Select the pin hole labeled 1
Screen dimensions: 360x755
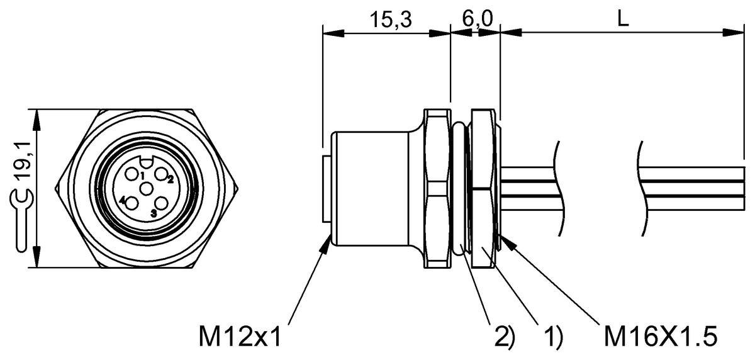(x=133, y=174)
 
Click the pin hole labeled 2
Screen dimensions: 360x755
(x=161, y=174)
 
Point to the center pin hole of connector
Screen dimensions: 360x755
(x=147, y=188)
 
